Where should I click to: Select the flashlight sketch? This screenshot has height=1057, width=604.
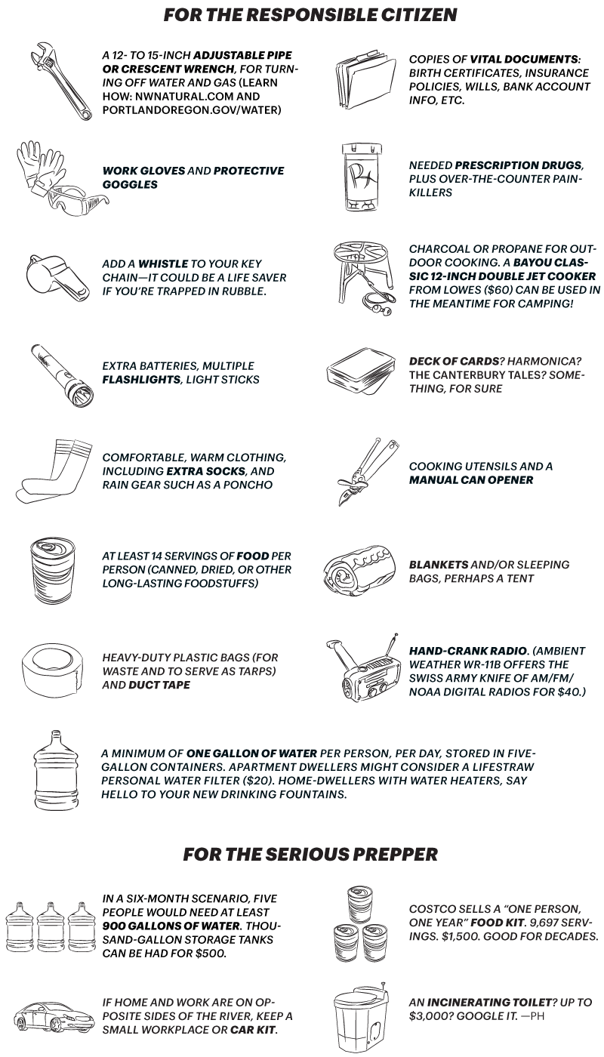(x=61, y=376)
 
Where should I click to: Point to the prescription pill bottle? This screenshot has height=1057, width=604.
(x=362, y=177)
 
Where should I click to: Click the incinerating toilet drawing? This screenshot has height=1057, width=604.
(x=362, y=1018)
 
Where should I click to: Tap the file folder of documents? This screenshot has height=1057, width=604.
(x=366, y=82)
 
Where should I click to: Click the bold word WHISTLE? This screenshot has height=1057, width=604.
(x=163, y=263)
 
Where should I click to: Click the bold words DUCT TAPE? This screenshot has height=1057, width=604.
(x=159, y=685)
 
